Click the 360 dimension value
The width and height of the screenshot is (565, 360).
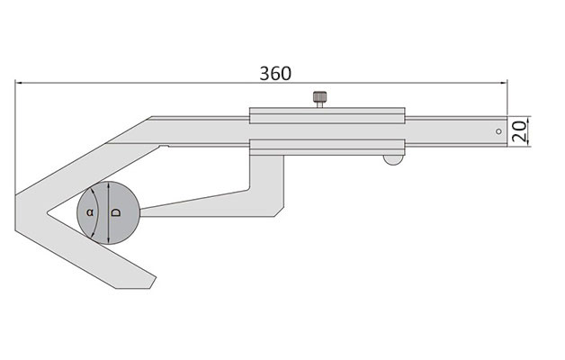point(275,73)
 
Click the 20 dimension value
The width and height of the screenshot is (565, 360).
point(520,131)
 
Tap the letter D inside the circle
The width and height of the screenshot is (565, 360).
point(116,212)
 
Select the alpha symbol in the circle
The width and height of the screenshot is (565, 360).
point(90,212)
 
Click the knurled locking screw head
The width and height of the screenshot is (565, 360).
point(319,96)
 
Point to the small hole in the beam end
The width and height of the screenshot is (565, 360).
point(498,131)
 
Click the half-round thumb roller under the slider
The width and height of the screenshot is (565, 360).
point(393,159)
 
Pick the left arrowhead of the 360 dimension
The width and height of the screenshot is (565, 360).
point(19,83)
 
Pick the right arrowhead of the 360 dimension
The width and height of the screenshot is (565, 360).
point(504,83)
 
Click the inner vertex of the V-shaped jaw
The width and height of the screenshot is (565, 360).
point(47,213)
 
